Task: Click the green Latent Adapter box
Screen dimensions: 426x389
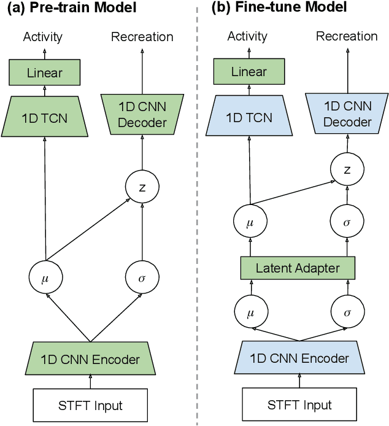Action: pos(297,268)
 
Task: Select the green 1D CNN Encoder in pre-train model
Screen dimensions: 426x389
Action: pos(90,360)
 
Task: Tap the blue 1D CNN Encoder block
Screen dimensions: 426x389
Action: pos(299,358)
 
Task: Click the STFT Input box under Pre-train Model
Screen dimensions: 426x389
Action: pos(90,406)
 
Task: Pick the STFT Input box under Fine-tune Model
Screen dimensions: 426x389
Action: pos(299,405)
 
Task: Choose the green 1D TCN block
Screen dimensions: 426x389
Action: pos(45,117)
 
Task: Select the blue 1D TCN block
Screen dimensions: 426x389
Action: pos(250,117)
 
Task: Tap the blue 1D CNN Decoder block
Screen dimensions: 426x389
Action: pos(347,114)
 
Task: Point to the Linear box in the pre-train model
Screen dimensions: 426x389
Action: pos(45,73)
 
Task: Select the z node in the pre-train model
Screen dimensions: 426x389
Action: pos(142,187)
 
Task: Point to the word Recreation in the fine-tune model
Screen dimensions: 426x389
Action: pos(347,36)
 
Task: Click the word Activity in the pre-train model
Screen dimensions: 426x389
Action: pos(43,37)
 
